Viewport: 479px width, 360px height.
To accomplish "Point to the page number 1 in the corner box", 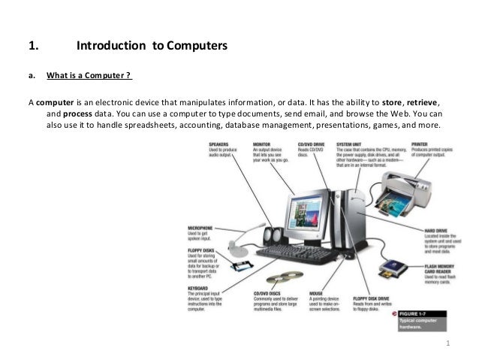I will pos(448,345).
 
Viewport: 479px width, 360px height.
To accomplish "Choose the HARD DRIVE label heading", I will pos(438,231).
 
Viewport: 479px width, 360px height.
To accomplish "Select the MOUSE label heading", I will pos(317,292).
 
